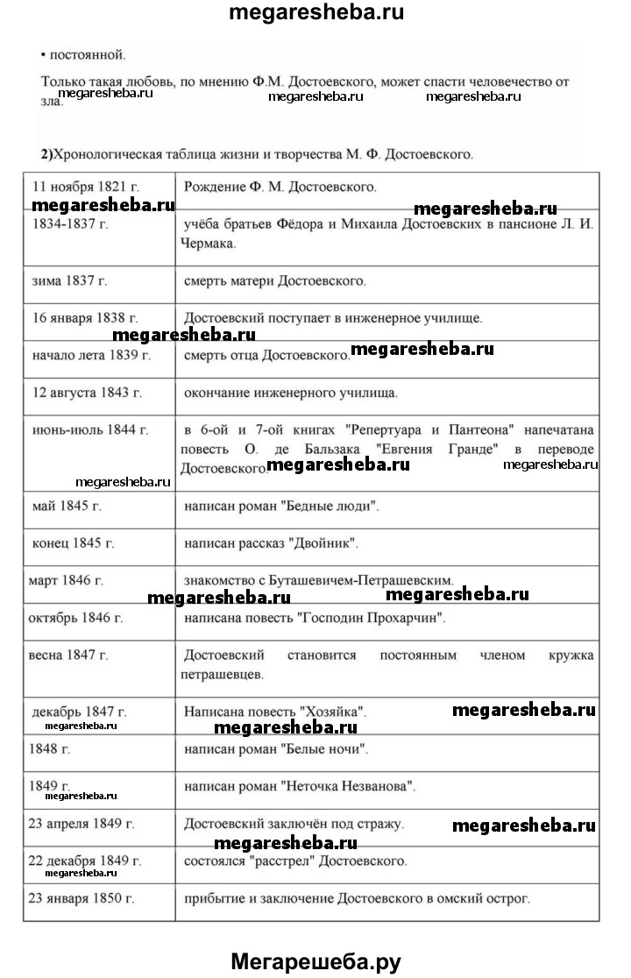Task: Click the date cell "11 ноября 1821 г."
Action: click(86, 187)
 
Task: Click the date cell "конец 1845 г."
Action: click(74, 543)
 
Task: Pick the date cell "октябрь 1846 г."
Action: click(76, 618)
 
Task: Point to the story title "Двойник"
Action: click(324, 543)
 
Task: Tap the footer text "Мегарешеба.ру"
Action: click(315, 961)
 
